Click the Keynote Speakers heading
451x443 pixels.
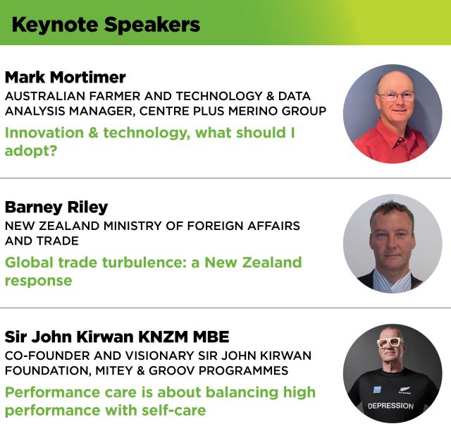pyautogui.click(x=106, y=25)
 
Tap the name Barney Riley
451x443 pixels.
pyautogui.click(x=56, y=207)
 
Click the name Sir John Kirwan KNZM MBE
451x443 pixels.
pyautogui.click(x=117, y=336)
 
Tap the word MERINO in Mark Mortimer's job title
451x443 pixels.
pyautogui.click(x=266, y=111)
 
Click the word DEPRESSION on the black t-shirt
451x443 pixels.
pyautogui.click(x=391, y=406)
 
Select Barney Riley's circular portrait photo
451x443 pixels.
pyautogui.click(x=393, y=243)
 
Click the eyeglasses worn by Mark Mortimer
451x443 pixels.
pyautogui.click(x=395, y=96)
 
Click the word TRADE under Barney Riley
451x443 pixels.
pyautogui.click(x=59, y=241)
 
